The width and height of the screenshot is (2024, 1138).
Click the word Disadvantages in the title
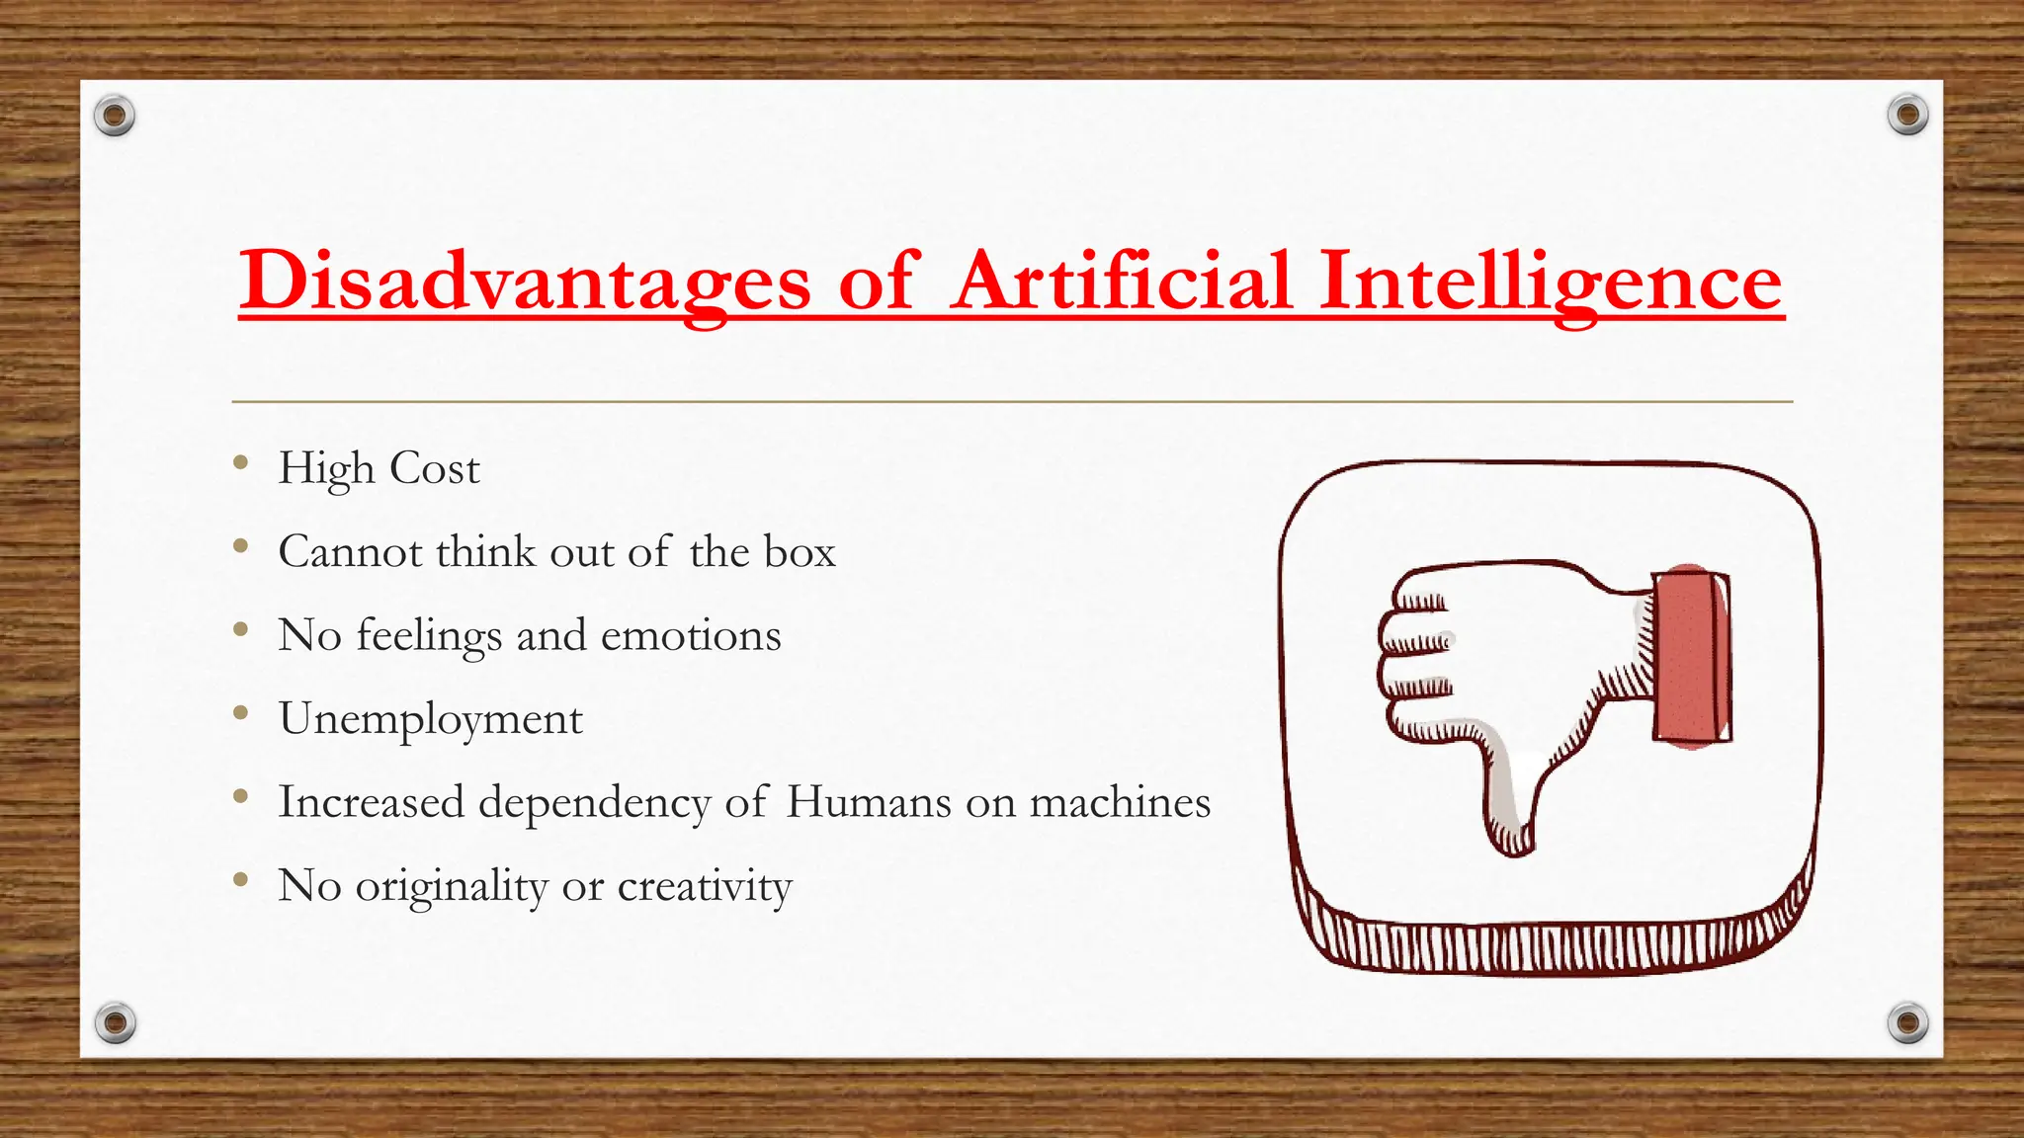[525, 281]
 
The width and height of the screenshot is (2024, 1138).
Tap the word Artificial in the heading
[1122, 281]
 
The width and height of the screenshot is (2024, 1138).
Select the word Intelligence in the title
[1551, 281]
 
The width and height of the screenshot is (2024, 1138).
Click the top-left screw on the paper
[115, 117]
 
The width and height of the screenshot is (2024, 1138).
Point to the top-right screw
[1907, 116]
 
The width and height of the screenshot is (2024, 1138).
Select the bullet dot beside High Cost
[240, 462]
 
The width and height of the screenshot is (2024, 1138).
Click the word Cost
[435, 468]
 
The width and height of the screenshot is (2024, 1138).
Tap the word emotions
[691, 635]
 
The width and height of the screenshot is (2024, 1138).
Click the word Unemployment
[430, 719]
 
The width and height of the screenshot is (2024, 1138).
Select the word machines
[1120, 802]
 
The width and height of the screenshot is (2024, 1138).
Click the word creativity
[705, 886]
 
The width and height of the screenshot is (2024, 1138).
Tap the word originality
[452, 886]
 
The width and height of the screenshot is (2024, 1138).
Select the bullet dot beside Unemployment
[240, 712]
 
